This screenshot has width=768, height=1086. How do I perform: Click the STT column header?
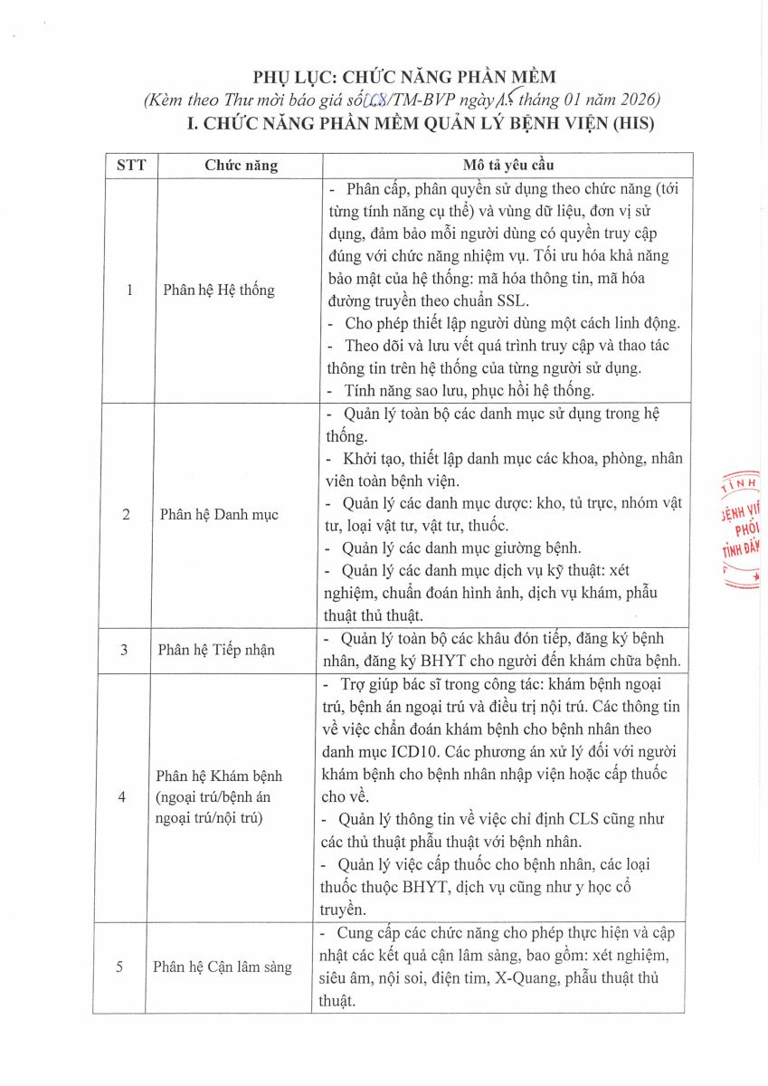[x=125, y=166]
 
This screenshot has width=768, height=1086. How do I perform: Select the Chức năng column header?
[x=241, y=166]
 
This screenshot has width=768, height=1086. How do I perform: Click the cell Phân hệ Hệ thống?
[x=218, y=291]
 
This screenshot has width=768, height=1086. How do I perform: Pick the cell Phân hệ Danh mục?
[x=219, y=514]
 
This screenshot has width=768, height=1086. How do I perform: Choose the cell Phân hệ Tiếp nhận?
[x=216, y=649]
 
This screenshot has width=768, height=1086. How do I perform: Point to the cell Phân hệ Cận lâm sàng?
[x=223, y=967]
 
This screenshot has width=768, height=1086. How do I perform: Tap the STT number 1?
[x=128, y=291]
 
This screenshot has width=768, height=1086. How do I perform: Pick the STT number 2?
[x=126, y=514]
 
